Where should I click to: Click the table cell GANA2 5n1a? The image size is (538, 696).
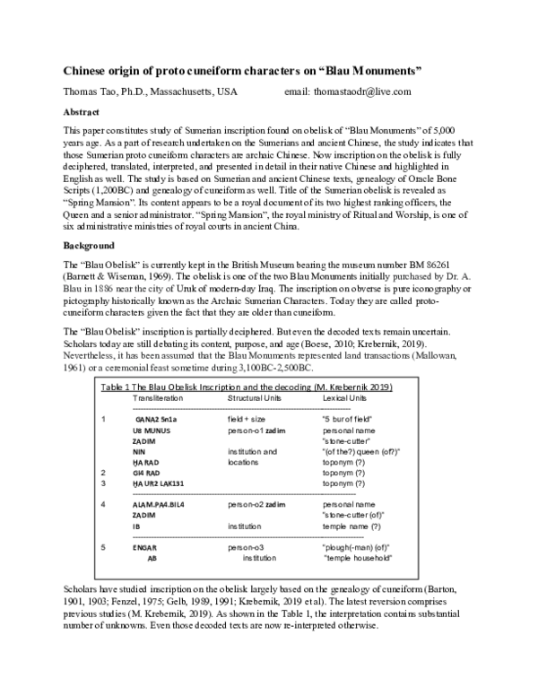(x=157, y=419)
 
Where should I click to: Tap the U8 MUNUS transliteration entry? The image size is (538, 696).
(x=152, y=431)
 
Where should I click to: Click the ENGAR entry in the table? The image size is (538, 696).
(x=145, y=546)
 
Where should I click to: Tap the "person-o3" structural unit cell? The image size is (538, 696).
(x=252, y=546)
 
